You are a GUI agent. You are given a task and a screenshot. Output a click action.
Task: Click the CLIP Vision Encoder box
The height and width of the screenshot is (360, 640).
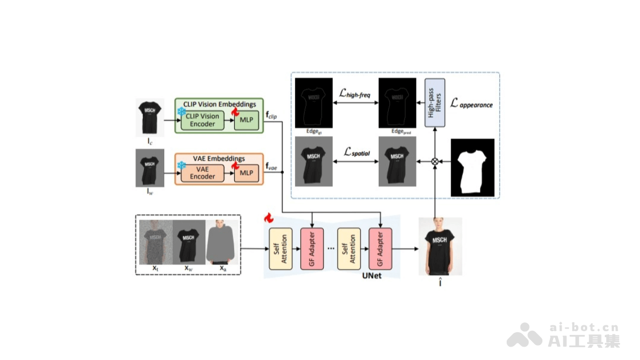coord(203,120)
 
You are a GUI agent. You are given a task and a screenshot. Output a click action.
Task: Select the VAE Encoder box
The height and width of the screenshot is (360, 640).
coord(203,173)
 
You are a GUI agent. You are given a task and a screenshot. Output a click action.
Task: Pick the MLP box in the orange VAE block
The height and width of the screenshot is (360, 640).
coord(246,173)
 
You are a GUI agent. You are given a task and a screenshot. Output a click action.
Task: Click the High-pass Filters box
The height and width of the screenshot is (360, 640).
coord(435,103)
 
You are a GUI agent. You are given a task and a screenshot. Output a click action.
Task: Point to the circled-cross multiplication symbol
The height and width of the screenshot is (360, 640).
coord(435,161)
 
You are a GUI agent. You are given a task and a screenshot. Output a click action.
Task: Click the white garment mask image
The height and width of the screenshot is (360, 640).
coord(473,168)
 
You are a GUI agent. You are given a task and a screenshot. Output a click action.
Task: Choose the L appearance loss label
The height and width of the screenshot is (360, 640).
coord(471,103)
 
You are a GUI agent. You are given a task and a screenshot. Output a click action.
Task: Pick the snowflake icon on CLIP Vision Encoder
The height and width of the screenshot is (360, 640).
coord(181,112)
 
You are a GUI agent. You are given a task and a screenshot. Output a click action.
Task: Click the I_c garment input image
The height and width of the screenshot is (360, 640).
coord(149,116)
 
